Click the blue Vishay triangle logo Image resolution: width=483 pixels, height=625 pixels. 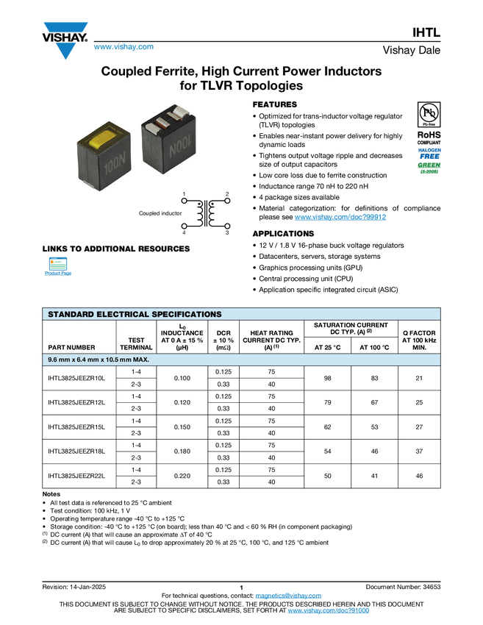pos(66,51)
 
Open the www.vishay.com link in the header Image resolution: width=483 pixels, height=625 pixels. pos(124,48)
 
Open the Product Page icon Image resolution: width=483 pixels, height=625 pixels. pos(57,268)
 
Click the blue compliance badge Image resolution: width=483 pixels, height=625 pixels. pos(429,153)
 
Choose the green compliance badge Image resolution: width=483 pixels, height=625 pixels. pos(429,168)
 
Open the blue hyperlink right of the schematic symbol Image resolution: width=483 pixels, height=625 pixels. pos(340,217)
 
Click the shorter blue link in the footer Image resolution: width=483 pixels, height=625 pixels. pos(289,596)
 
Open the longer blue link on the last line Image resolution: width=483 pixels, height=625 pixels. pos(329,611)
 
